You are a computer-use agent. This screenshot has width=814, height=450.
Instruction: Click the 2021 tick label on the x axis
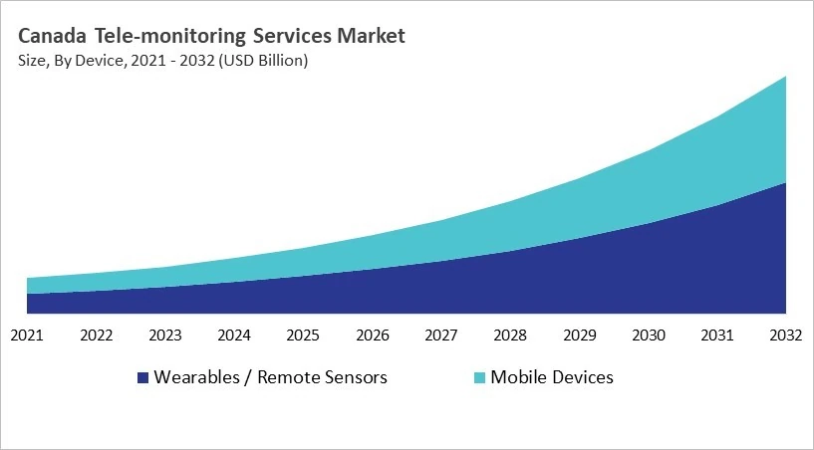click(x=27, y=335)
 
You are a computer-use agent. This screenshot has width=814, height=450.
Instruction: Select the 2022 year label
click(x=97, y=335)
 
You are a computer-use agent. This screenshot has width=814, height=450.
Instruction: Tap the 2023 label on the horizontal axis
click(x=165, y=335)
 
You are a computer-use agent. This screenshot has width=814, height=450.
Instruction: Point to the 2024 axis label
click(x=234, y=335)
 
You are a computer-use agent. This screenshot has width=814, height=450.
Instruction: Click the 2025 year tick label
click(x=303, y=335)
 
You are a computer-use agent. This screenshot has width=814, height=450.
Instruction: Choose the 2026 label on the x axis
click(x=373, y=335)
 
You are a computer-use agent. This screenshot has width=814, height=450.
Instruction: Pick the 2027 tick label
click(x=441, y=335)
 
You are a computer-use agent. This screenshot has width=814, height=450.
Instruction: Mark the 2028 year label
click(x=510, y=335)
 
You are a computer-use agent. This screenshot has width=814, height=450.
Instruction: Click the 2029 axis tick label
click(x=579, y=335)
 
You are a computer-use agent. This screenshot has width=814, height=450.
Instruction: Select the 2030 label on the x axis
click(x=649, y=335)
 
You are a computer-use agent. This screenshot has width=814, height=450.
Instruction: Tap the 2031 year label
click(x=717, y=335)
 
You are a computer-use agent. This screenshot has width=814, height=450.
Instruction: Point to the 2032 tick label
click(x=786, y=335)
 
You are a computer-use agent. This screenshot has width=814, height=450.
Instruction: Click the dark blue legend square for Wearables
click(x=142, y=378)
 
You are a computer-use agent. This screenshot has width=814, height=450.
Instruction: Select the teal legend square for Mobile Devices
click(x=479, y=378)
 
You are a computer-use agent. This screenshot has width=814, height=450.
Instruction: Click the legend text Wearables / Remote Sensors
click(x=270, y=377)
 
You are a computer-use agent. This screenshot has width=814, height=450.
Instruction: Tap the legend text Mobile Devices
click(x=552, y=377)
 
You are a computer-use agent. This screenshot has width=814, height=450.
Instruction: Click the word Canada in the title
click(x=52, y=37)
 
